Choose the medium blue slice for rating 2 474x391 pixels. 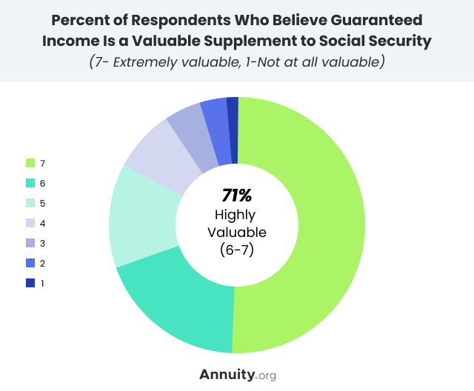point(215,116)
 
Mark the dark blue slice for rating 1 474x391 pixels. point(233,113)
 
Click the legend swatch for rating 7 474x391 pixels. point(30,163)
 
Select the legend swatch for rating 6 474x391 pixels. point(30,183)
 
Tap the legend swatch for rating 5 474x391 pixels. point(30,203)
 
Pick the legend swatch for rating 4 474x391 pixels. point(30,223)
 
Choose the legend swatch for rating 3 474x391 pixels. point(30,243)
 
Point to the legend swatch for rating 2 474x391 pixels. point(30,263)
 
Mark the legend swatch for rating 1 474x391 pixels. point(30,283)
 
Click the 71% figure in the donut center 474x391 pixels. point(237,196)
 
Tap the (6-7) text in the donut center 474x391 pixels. point(237,250)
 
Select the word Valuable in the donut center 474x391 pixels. point(237,233)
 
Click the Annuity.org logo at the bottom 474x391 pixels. point(237,374)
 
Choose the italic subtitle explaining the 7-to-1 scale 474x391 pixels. point(237,61)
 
